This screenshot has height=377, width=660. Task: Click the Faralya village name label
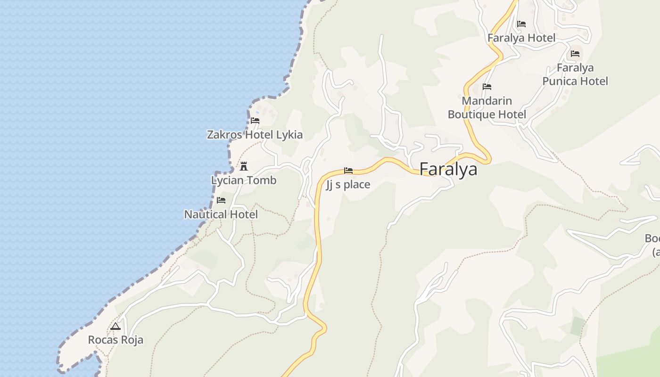[x=448, y=169]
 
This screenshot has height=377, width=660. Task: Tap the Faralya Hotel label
[x=521, y=38]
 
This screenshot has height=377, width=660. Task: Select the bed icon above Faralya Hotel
[x=521, y=24]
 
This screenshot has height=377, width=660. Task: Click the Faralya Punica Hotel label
[x=575, y=74]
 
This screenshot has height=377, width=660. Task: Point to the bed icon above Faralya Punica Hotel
[x=575, y=54]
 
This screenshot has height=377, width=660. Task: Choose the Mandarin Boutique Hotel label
[x=487, y=107]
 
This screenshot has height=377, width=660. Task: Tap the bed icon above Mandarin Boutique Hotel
[x=487, y=87]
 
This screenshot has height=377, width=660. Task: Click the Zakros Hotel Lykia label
[x=255, y=135]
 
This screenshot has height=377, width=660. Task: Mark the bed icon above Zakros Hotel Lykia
[x=255, y=121]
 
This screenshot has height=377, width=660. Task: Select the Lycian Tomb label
[x=243, y=180]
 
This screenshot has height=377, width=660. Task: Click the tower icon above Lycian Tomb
[x=244, y=166]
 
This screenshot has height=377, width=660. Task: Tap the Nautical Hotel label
[x=221, y=214]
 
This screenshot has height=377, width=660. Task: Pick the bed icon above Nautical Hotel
[x=221, y=200]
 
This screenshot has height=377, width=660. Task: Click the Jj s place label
[x=348, y=185]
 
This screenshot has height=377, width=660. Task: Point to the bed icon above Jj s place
[x=348, y=171]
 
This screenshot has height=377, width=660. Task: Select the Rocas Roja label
[x=115, y=340]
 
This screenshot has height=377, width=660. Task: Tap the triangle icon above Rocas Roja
[x=115, y=326]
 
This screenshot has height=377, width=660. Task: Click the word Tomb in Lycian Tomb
[x=263, y=180]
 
